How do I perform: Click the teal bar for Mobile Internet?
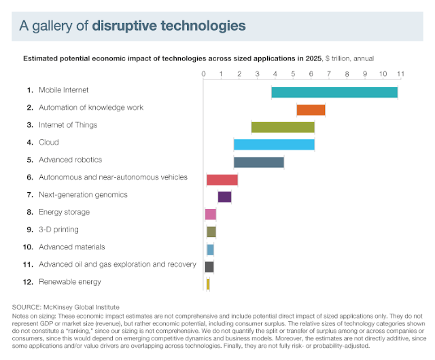coord(334,92)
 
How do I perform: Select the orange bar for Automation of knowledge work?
coord(311,109)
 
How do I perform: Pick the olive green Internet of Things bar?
coord(283,127)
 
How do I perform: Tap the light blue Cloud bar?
coord(274,144)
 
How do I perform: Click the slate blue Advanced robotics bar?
coord(258,162)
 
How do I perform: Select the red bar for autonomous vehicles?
coord(222,179)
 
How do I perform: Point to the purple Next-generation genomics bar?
coord(224,197)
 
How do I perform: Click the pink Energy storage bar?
coord(211,215)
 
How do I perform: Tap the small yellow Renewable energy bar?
coord(208,284)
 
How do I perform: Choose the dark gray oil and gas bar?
coord(209,266)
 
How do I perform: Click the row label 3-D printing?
coord(58,230)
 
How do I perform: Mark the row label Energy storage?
coord(64,212)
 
